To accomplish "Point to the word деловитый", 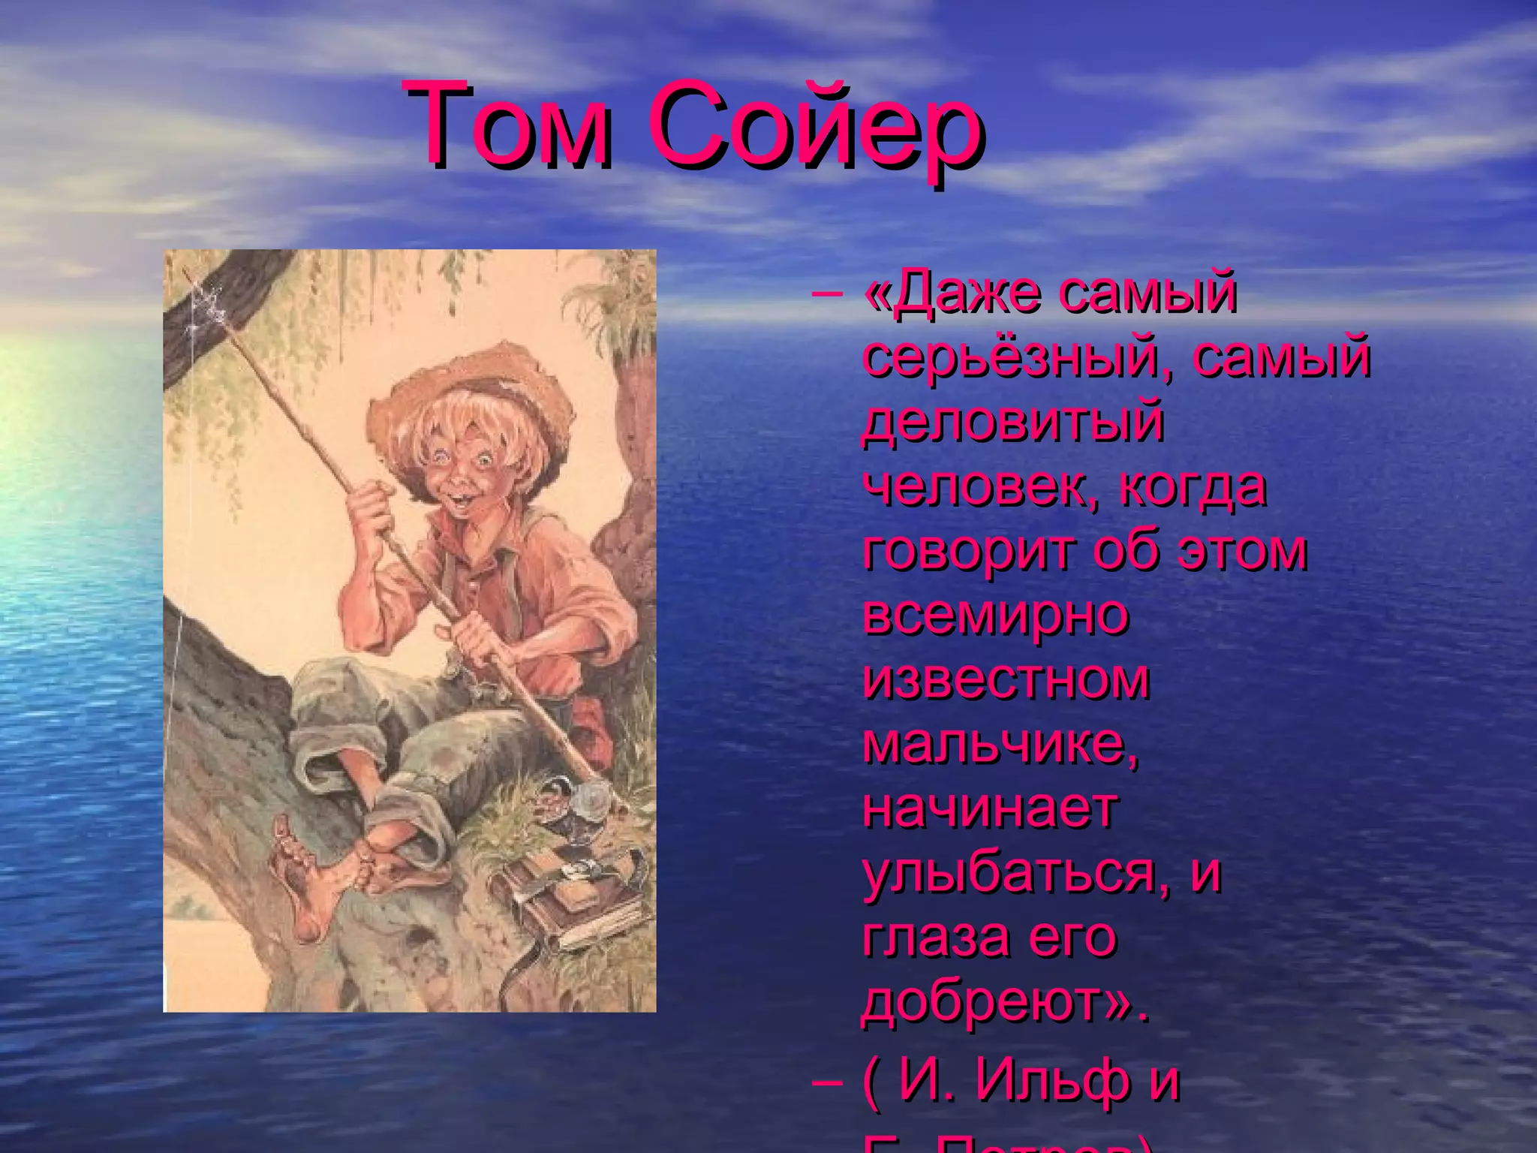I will coord(1013,423).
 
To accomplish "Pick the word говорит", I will coord(971,551).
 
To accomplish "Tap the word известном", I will coord(1006,679).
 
